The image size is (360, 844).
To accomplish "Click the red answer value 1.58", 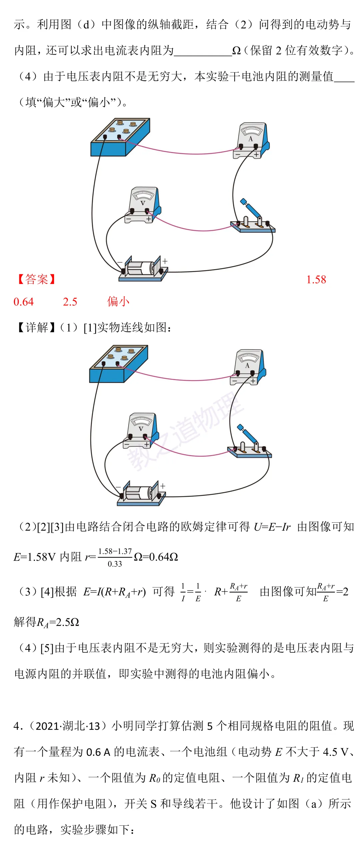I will (316, 279).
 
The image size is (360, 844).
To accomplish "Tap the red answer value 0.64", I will (23, 302).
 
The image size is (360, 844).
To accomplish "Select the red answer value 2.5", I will (70, 302).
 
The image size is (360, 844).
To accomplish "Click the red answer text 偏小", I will (118, 302).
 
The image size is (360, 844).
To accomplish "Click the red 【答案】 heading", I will (36, 279).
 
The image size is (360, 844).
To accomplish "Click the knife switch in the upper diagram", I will (253, 218).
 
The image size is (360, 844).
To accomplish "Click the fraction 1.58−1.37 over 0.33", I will (115, 557).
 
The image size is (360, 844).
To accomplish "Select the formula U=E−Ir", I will (272, 527).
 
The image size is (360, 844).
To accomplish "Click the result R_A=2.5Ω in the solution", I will (58, 622).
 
